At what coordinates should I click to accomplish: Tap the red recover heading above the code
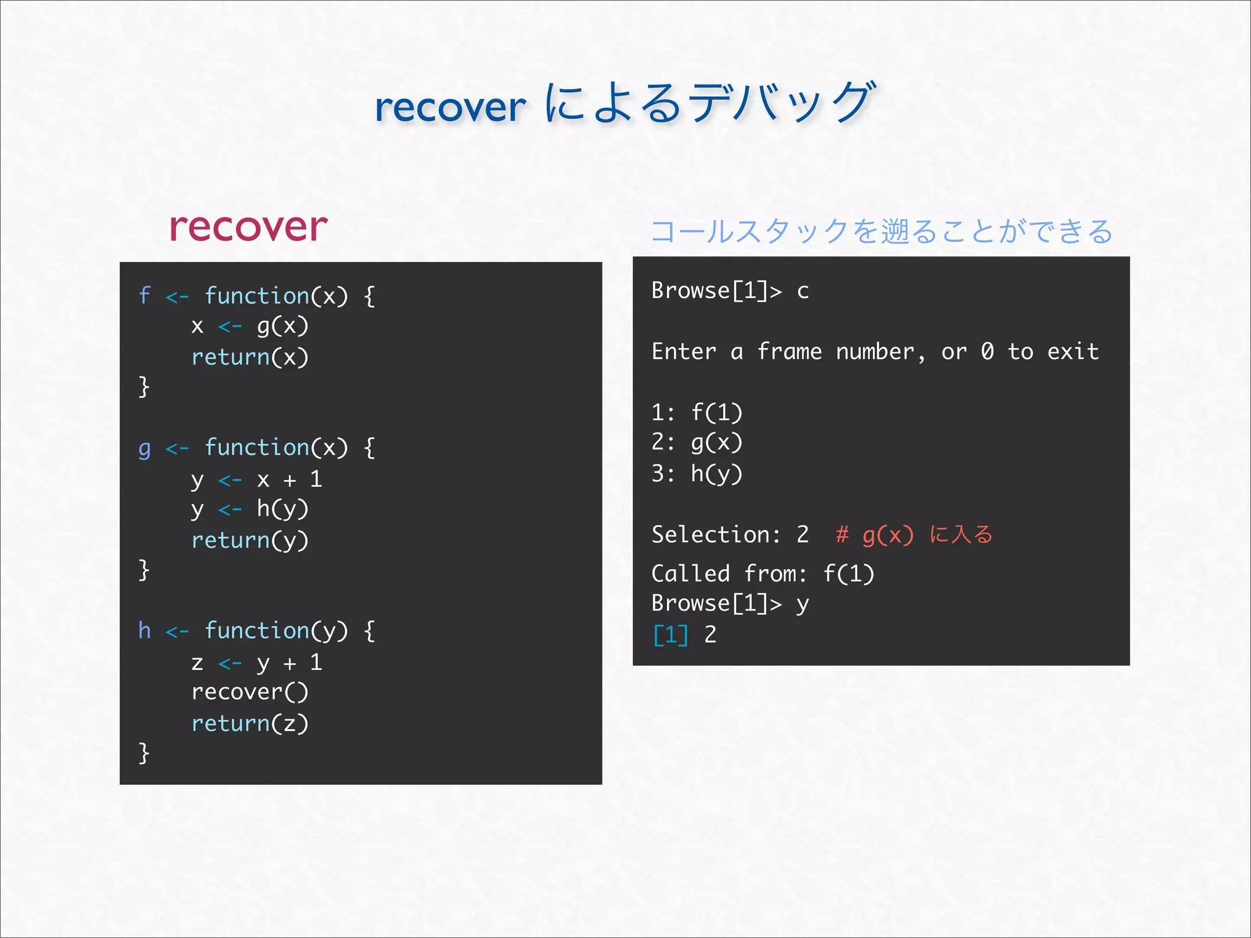click(x=248, y=227)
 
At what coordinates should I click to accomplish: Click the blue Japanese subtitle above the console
click(x=881, y=231)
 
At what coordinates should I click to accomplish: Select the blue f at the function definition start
click(x=144, y=296)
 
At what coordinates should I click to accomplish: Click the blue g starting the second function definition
click(x=144, y=449)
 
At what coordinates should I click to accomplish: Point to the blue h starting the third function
click(x=144, y=630)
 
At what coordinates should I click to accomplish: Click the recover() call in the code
click(x=250, y=693)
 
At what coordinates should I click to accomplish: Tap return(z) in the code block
click(x=250, y=724)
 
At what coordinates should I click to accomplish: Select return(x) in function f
click(x=250, y=357)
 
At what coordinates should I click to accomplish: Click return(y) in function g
click(x=250, y=540)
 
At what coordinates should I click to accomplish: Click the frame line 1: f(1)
click(x=696, y=413)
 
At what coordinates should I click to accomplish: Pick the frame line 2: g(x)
click(x=696, y=443)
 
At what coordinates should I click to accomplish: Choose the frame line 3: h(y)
click(x=696, y=474)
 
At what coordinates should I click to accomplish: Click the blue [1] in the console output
click(x=670, y=635)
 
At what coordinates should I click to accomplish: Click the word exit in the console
click(x=1073, y=352)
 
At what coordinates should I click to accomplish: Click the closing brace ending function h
click(x=144, y=753)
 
